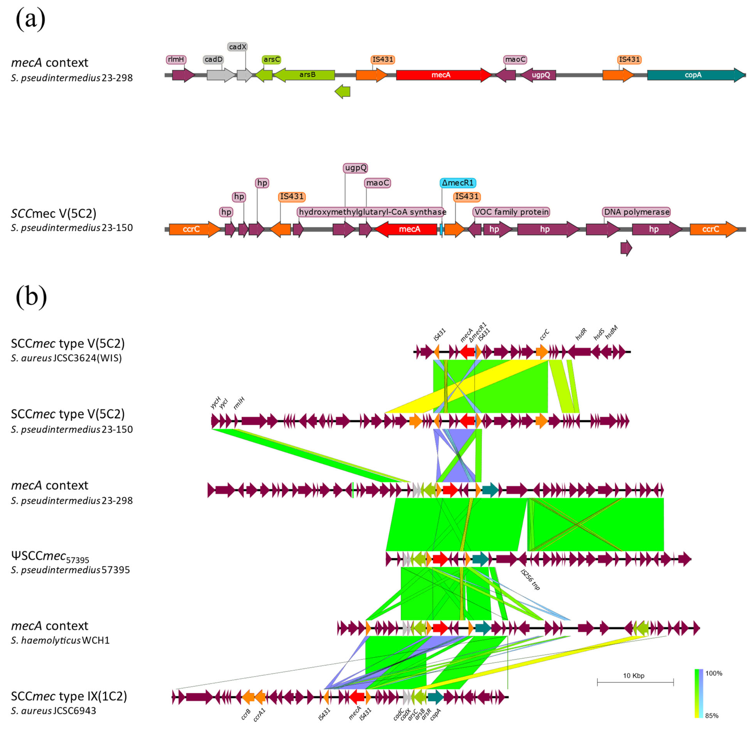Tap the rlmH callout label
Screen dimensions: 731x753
176,60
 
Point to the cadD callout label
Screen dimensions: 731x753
213,60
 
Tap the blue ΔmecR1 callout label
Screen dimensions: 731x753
458,183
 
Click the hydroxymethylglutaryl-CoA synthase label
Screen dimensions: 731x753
372,212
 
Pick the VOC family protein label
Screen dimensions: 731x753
511,212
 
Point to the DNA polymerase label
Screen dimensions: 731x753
637,212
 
